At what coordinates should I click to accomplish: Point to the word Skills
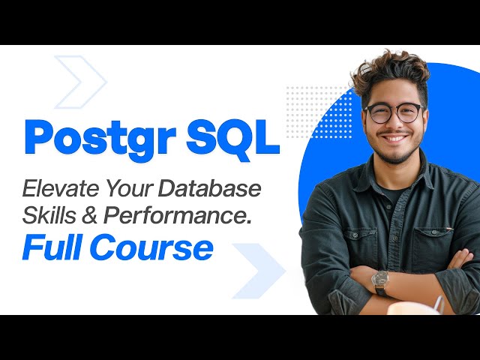click(48, 214)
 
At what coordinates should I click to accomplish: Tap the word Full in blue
click(53, 247)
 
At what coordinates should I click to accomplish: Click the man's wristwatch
click(381, 282)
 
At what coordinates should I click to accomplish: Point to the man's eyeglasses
click(393, 113)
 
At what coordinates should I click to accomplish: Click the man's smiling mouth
click(394, 139)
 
